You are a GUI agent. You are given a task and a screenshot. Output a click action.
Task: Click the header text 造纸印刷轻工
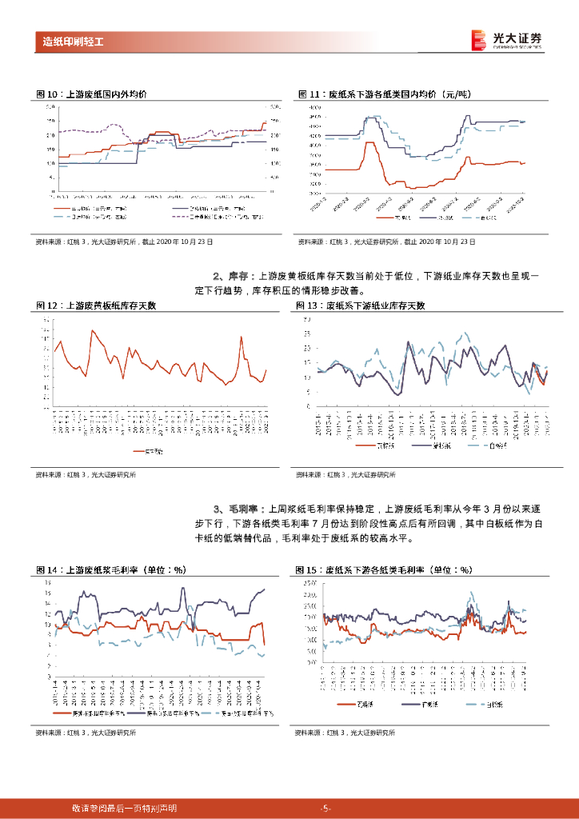click(x=73, y=41)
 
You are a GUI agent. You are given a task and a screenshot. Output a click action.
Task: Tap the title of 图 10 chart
click(x=92, y=94)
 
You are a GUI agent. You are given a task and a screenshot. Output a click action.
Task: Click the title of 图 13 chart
click(x=361, y=306)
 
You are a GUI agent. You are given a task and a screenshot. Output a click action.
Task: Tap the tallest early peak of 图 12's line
click(x=93, y=330)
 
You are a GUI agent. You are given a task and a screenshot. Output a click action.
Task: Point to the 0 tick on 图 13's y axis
click(x=306, y=406)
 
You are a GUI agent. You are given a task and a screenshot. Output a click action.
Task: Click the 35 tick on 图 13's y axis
click(x=306, y=319)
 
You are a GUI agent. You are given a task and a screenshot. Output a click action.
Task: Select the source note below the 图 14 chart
click(x=86, y=733)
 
